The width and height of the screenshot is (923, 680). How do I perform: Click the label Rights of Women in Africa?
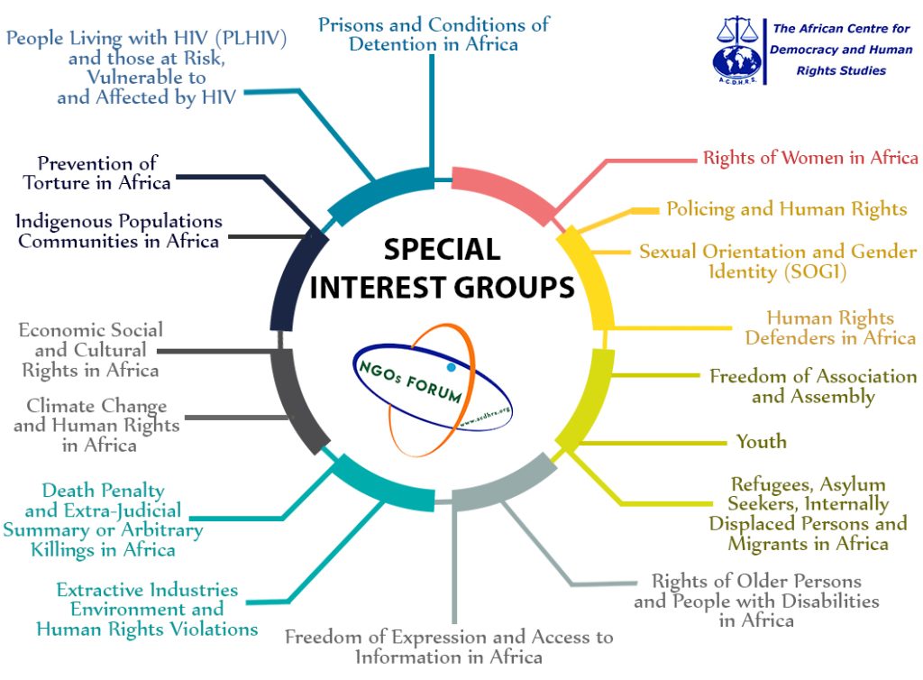(810, 158)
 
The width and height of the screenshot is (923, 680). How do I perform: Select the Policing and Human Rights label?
(786, 209)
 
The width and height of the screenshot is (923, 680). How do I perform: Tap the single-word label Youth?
(761, 442)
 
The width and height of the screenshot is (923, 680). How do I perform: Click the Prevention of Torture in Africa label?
(97, 173)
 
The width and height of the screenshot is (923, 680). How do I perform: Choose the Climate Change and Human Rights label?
(96, 426)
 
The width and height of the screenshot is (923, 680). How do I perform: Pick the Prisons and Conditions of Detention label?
(434, 33)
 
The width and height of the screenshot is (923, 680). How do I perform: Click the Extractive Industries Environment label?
(147, 610)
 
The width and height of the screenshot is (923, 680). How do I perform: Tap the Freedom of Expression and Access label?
(449, 647)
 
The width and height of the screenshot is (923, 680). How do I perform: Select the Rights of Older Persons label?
(756, 601)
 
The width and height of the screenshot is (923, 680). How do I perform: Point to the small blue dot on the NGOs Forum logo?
(451, 368)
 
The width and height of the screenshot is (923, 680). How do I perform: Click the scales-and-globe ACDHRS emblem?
(736, 50)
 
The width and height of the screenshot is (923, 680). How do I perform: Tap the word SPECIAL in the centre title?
(443, 249)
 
